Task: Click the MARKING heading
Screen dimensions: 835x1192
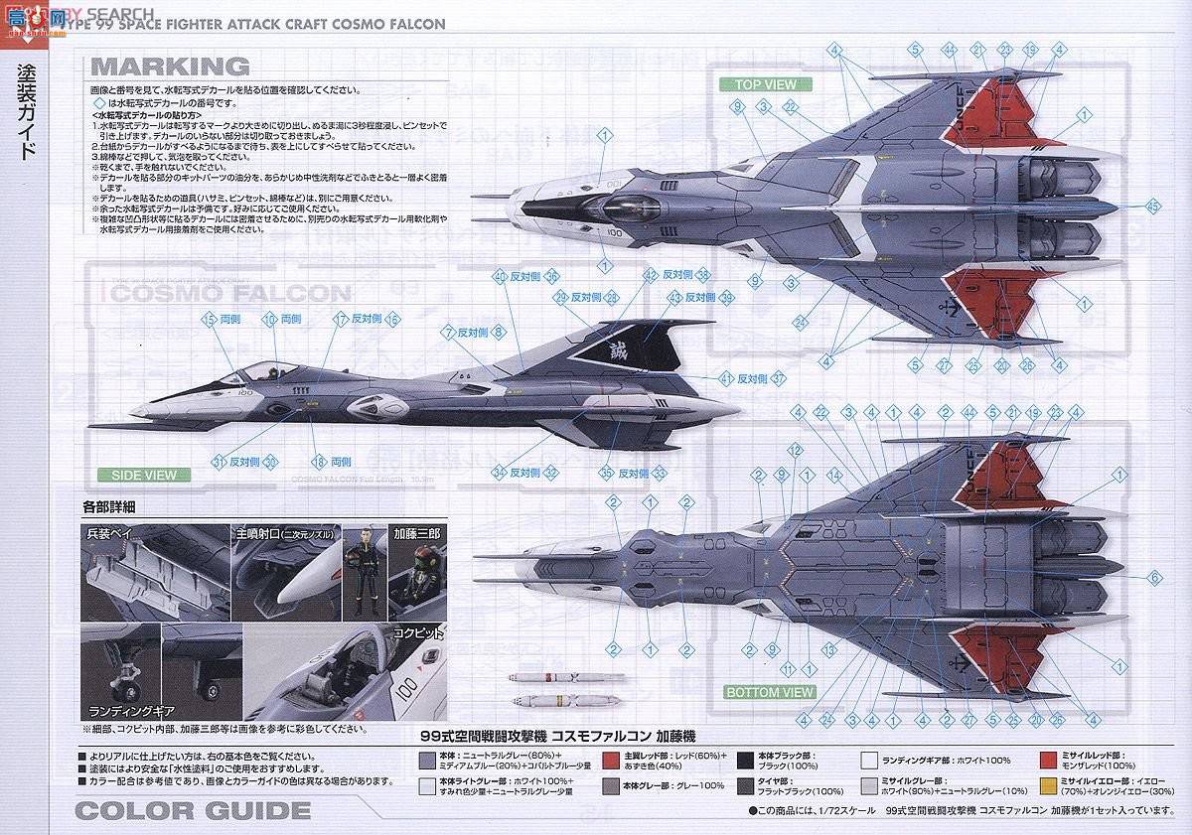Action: click(170, 67)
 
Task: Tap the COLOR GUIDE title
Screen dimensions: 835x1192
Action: click(193, 810)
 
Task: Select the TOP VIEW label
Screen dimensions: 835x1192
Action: click(766, 84)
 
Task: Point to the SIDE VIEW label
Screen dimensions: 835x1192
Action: click(145, 476)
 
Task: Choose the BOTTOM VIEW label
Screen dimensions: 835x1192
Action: click(769, 692)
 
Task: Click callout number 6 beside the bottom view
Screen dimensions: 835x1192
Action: click(1154, 577)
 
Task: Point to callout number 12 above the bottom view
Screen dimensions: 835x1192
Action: click(794, 450)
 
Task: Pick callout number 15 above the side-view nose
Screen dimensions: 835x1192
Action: click(209, 319)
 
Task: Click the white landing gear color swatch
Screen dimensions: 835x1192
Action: click(869, 761)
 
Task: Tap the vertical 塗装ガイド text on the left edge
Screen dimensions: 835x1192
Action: click(29, 113)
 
